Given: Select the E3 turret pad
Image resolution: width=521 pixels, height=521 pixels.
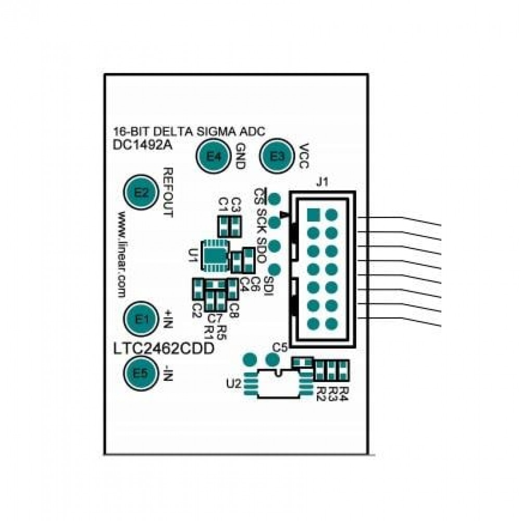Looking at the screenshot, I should point(279,156).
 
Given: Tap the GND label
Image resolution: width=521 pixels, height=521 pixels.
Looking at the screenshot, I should point(240,156).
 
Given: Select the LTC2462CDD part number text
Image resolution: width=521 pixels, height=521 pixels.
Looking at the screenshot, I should point(163,349).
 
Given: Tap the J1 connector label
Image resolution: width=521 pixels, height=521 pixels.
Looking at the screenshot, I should point(322,183).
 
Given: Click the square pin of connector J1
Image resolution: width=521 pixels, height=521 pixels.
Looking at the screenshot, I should point(313,214).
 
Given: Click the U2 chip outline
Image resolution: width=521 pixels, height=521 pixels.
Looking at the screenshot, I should point(278,384).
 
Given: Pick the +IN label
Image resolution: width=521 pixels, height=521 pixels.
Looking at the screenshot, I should point(168,317).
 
